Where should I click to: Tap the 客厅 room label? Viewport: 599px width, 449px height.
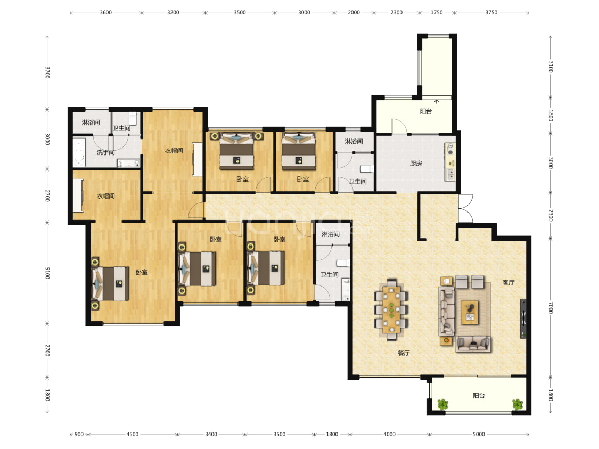pos(508,283)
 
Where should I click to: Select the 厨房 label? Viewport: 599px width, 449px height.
pos(416,164)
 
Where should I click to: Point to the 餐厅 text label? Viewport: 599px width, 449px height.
pos(404,353)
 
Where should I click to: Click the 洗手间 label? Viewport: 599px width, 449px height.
pos(106,152)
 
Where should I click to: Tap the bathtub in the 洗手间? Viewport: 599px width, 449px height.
pos(79,152)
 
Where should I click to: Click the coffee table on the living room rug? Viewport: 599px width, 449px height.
pos(470,312)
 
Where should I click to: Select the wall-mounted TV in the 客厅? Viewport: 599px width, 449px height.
pos(523,319)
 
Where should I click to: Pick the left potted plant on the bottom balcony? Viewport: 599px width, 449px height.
pos(443,404)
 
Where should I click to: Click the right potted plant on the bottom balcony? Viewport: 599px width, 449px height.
pos(517,404)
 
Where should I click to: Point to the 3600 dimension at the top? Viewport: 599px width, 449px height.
pos(106,13)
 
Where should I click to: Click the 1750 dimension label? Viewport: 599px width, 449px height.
pos(437,13)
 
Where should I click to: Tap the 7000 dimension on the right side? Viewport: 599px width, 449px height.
pos(551,308)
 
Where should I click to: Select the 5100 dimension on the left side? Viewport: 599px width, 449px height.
pos(47,273)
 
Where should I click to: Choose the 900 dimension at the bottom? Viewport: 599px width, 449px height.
pos(79,434)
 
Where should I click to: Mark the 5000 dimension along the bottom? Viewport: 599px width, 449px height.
pos(479,434)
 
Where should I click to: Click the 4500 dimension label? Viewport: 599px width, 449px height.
pos(133,434)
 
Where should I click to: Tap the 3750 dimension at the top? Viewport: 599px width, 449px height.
pos(491,13)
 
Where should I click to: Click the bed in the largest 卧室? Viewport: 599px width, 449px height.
pos(110,284)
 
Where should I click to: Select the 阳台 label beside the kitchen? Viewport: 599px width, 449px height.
pos(426,111)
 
